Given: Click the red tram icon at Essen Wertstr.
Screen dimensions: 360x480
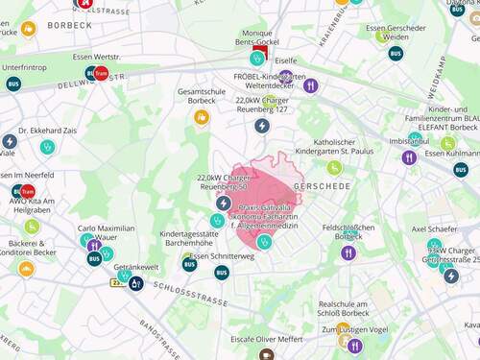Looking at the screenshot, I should (102, 72).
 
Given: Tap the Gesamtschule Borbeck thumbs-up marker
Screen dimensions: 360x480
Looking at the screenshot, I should (202, 117).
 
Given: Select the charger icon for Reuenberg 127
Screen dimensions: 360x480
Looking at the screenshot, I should (261, 126).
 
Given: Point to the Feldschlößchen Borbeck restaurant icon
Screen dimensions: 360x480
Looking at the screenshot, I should (348, 252).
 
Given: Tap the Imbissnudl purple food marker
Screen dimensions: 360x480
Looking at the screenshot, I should (410, 157).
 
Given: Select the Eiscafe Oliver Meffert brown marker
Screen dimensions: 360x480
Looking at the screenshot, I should (266, 353).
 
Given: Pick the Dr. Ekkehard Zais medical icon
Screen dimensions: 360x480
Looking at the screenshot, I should (48, 147).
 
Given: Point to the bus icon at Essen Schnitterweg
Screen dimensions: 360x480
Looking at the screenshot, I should (222, 273).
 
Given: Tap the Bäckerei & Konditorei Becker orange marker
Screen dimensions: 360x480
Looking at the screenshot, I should (26, 269).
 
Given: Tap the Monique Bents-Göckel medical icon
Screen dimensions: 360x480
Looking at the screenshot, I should (257, 58).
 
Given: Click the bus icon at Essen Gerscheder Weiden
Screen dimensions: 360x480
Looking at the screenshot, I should (396, 53).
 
